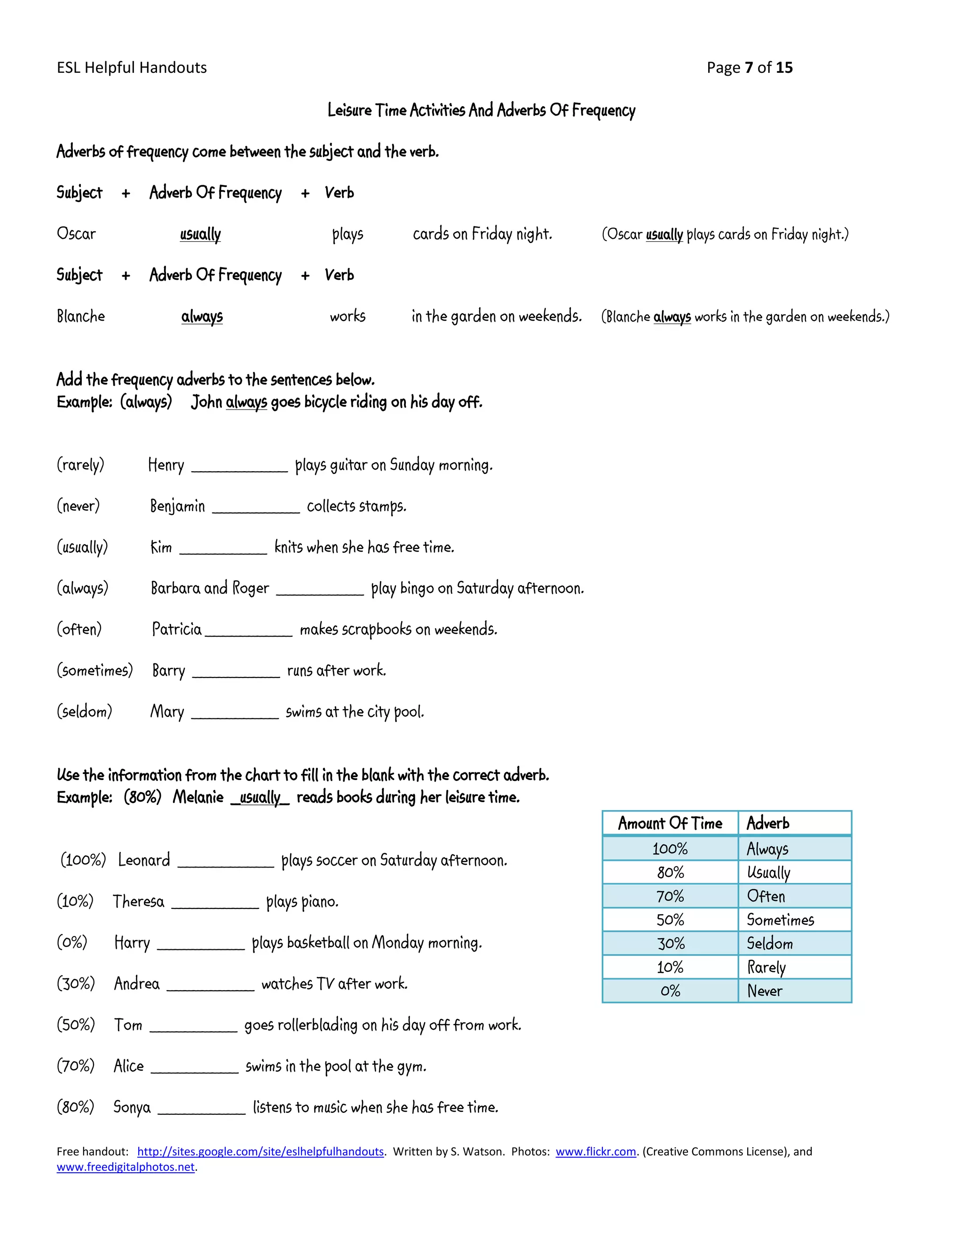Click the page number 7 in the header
pyautogui.click(x=749, y=68)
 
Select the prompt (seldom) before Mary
pyautogui.click(x=85, y=711)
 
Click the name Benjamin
pyautogui.click(x=177, y=506)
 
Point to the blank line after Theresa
pyautogui.click(x=215, y=906)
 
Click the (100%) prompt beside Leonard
pyautogui.click(x=83, y=860)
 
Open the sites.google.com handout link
pyautogui.click(x=260, y=1151)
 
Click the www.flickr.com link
pyautogui.click(x=596, y=1151)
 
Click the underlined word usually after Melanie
pyautogui.click(x=260, y=797)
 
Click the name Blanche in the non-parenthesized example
pyautogui.click(x=80, y=316)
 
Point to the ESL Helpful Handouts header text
pyautogui.click(x=132, y=68)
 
